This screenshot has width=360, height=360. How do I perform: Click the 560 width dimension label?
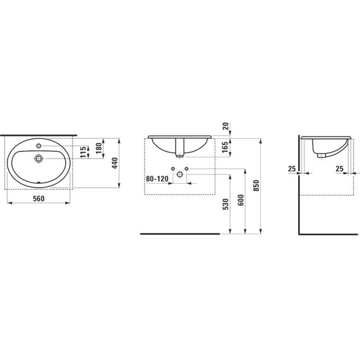coord(39,198)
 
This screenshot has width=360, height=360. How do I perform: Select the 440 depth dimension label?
coord(115,163)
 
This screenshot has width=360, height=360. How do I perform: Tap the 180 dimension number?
coord(99,148)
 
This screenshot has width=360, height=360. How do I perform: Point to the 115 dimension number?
coord(83,152)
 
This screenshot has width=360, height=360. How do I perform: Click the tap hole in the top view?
coord(39,145)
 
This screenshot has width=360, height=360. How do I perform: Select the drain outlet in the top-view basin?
coord(39,158)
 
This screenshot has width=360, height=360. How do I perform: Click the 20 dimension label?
coord(225,126)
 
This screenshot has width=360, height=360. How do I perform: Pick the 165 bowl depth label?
coord(225,147)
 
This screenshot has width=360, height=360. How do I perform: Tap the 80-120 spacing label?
coord(157,178)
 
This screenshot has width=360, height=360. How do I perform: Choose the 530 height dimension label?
coord(225,205)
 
